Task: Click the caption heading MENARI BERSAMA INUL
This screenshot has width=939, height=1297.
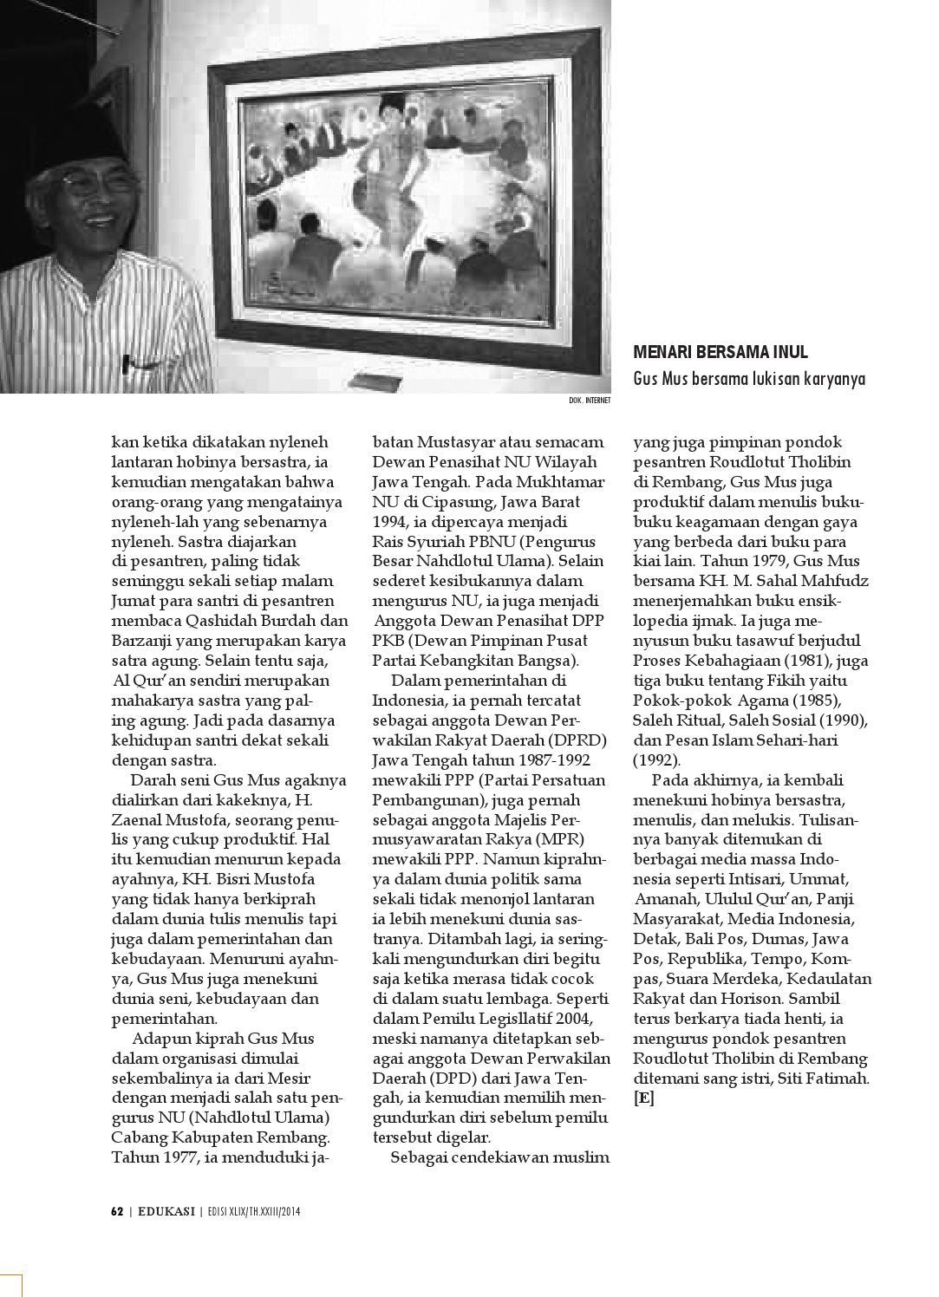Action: tap(721, 353)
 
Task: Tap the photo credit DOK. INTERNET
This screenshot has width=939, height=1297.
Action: tap(590, 401)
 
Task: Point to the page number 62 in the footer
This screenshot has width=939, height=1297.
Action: tap(117, 1211)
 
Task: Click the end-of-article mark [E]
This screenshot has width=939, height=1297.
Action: tap(644, 1098)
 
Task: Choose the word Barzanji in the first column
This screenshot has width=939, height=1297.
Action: tap(141, 641)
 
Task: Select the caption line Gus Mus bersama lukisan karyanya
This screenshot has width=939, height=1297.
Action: tap(749, 379)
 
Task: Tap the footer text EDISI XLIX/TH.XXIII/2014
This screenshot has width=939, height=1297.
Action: tap(253, 1211)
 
